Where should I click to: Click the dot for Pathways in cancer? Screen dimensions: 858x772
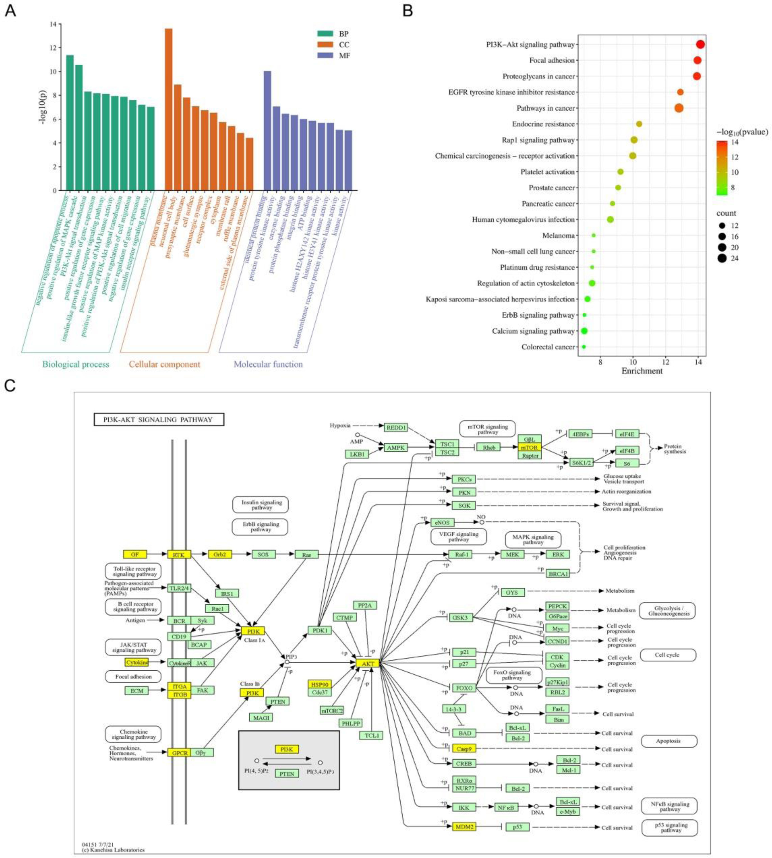pyautogui.click(x=679, y=108)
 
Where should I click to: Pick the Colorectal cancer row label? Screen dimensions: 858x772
pyautogui.click(x=548, y=347)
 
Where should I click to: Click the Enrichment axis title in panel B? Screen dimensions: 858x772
pyautogui.click(x=642, y=371)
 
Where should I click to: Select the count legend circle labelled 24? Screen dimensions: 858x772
pyautogui.click(x=722, y=258)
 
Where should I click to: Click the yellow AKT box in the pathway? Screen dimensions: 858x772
pyautogui.click(x=367, y=663)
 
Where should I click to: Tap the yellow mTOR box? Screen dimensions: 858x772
pyautogui.click(x=529, y=447)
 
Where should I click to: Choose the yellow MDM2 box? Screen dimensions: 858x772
pyautogui.click(x=464, y=826)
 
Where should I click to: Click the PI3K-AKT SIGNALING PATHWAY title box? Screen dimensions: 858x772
pyautogui.click(x=159, y=420)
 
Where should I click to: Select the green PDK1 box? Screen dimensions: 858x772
pyautogui.click(x=320, y=630)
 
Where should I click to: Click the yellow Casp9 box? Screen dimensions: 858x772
pyautogui.click(x=464, y=749)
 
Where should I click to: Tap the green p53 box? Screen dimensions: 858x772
pyautogui.click(x=518, y=827)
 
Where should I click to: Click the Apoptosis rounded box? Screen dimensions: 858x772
pyautogui.click(x=669, y=741)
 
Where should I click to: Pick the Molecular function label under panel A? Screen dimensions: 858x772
pyautogui.click(x=268, y=364)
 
